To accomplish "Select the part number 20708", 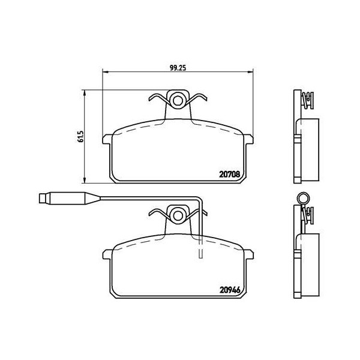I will [230, 174].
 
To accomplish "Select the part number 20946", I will [230, 287].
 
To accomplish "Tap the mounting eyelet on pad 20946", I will [178, 214].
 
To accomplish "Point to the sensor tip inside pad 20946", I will [200, 254].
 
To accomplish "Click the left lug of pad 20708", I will [109, 140].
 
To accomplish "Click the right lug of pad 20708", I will [247, 140].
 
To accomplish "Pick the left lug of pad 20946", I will [109, 254].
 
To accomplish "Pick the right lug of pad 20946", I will [247, 254].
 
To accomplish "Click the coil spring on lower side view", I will [309, 214].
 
